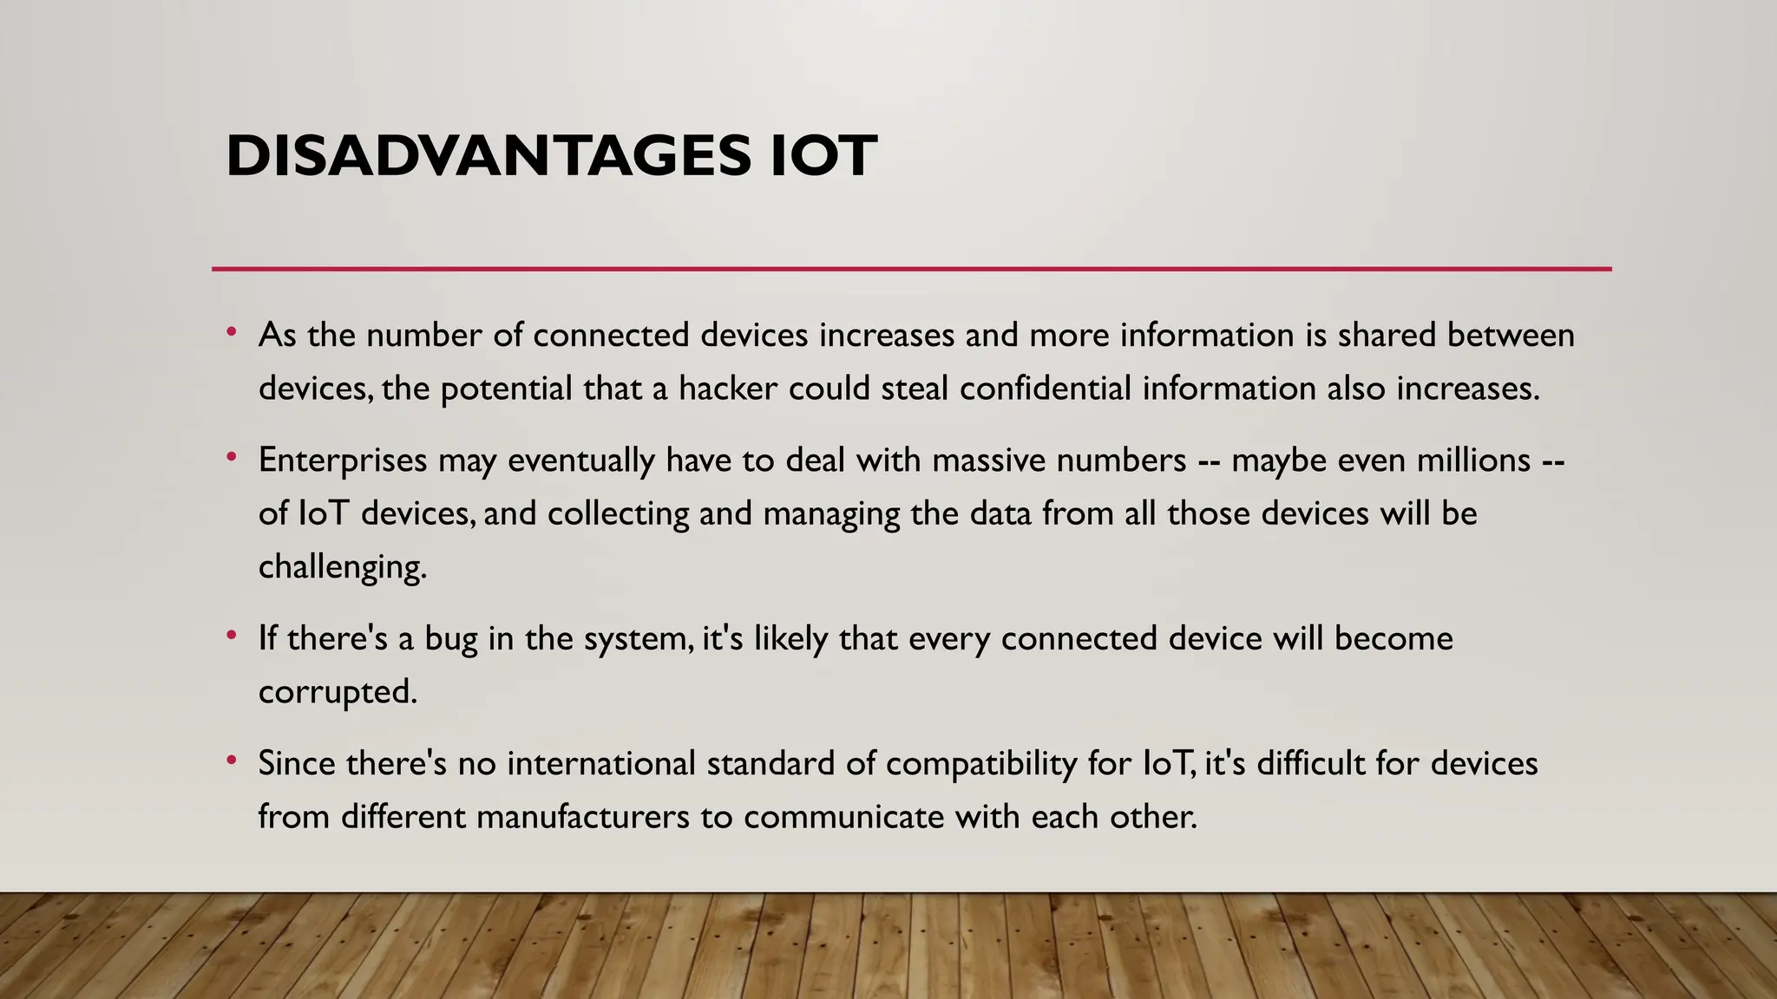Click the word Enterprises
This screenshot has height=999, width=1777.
coord(343,460)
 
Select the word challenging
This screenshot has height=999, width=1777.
coord(343,568)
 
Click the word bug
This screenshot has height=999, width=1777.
coord(451,640)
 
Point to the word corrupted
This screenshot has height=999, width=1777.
coord(338,692)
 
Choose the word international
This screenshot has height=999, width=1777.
coord(601,764)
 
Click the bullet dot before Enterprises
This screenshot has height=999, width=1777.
coord(232,456)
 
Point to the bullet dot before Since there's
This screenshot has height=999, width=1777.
coord(232,761)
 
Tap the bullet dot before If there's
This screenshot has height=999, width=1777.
coord(232,636)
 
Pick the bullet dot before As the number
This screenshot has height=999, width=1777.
coord(232,331)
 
